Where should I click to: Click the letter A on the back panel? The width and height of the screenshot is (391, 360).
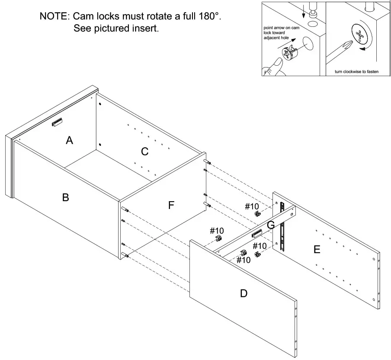[x=69, y=140]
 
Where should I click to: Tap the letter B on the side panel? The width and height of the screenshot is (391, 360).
[x=66, y=197]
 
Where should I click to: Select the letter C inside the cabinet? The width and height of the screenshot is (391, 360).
[x=144, y=151]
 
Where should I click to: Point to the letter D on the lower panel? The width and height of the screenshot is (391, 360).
[x=244, y=293]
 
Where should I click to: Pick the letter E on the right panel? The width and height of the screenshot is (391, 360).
[x=317, y=250]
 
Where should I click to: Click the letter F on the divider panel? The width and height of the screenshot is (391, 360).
[x=171, y=206]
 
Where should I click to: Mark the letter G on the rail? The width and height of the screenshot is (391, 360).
[x=271, y=225]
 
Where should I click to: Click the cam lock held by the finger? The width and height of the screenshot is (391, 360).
[x=288, y=53]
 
